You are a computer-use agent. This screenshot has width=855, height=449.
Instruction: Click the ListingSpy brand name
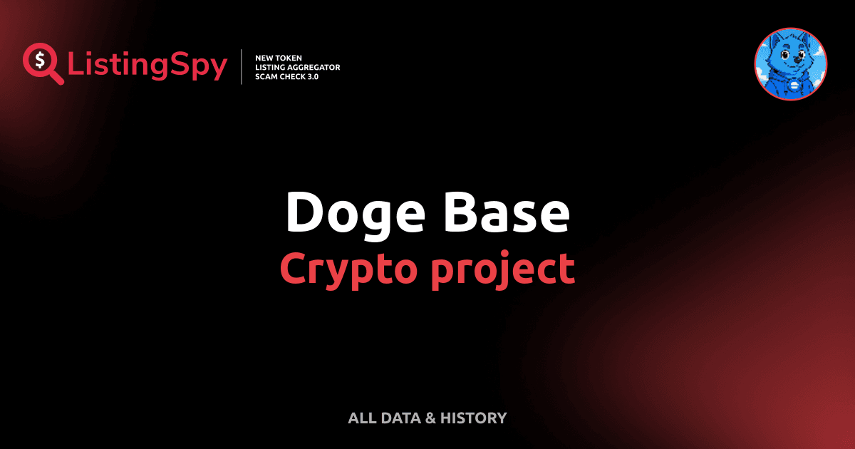click(x=147, y=66)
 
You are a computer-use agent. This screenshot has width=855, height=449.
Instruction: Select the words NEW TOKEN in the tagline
click(x=279, y=58)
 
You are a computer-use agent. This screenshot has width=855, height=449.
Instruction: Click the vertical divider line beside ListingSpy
click(x=242, y=66)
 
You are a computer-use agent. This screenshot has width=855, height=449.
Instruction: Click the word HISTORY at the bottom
click(x=473, y=418)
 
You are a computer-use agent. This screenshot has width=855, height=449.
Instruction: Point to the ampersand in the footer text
click(x=430, y=418)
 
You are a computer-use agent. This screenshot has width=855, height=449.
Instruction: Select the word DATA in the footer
click(x=400, y=418)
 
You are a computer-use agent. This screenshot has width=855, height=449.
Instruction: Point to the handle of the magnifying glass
click(x=56, y=77)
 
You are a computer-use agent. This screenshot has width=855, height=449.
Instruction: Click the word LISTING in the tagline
click(x=271, y=67)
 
